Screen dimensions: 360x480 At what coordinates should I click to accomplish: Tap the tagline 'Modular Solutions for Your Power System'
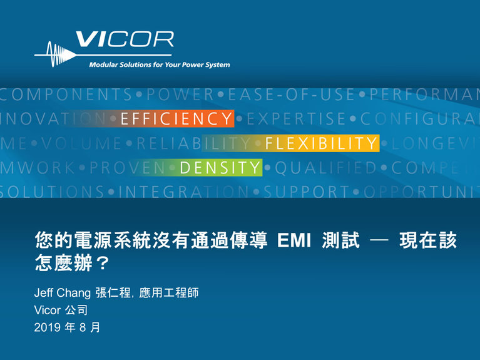(159, 65)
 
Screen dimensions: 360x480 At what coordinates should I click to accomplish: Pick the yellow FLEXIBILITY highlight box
(321, 143)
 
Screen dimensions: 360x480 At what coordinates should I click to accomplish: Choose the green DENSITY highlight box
(220, 167)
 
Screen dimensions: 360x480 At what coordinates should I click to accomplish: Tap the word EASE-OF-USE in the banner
(292, 95)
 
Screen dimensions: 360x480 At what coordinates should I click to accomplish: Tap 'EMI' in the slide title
(292, 241)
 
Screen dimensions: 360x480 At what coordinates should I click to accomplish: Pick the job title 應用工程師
(170, 293)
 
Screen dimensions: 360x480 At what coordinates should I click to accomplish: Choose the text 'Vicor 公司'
(61, 311)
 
